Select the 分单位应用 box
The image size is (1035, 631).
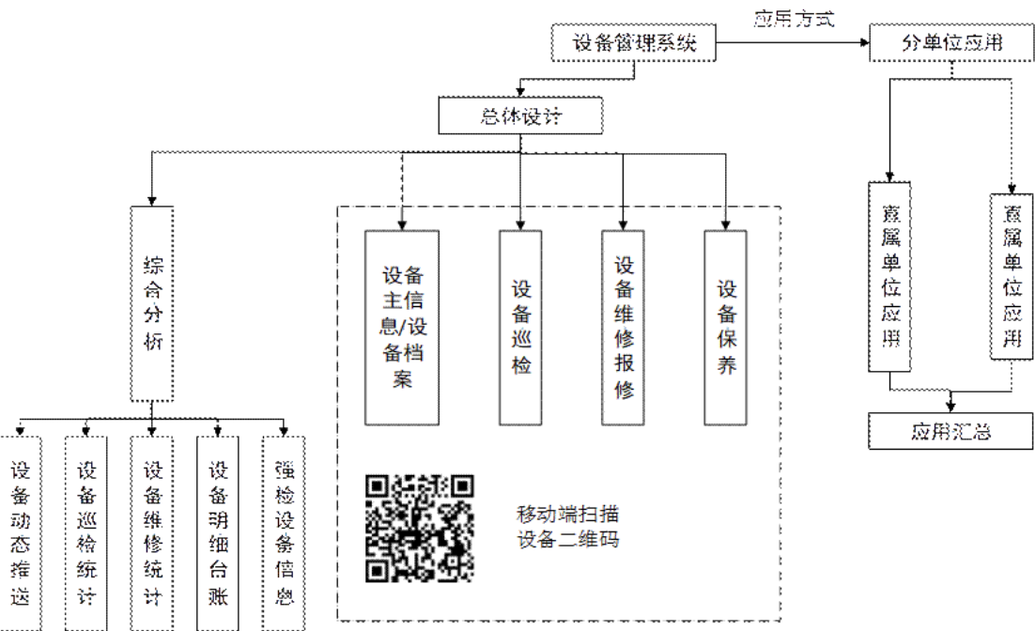pyautogui.click(x=952, y=42)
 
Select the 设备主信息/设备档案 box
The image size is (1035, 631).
pyautogui.click(x=403, y=328)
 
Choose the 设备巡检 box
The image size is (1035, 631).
pyautogui.click(x=521, y=328)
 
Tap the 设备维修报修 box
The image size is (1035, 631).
pyautogui.click(x=624, y=328)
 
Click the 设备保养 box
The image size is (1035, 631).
pyautogui.click(x=727, y=328)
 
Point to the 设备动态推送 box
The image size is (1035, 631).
pyautogui.click(x=21, y=531)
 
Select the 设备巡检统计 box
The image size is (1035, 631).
pyautogui.click(x=86, y=531)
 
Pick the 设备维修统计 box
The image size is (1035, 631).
pyautogui.click(x=152, y=531)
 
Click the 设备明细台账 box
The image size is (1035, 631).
pyautogui.click(x=218, y=531)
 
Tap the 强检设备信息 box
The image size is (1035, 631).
pyautogui.click(x=284, y=531)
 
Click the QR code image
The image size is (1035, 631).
pyautogui.click(x=420, y=528)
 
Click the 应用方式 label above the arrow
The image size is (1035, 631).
pyautogui.click(x=794, y=18)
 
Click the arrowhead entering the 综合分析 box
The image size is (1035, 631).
pyautogui.click(x=153, y=200)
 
